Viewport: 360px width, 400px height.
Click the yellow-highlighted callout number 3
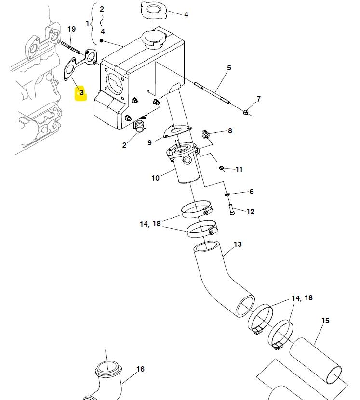click(81, 93)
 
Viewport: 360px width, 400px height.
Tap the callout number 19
click(72, 29)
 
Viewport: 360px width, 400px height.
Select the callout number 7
click(259, 99)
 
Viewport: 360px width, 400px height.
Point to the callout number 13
click(238, 245)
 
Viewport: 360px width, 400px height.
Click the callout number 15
click(325, 321)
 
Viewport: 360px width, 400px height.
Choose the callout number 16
click(140, 369)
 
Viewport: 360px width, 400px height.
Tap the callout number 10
click(156, 178)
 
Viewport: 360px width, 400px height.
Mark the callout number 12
click(251, 211)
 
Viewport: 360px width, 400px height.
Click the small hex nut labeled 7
click(246, 112)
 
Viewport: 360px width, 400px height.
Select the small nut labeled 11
click(222, 168)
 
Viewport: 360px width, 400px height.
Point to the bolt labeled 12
click(232, 209)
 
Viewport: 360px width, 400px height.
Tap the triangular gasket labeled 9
click(177, 130)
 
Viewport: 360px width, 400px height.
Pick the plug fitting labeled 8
click(205, 135)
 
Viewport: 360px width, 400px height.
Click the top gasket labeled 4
click(154, 10)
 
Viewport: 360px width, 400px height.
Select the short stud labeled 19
click(70, 48)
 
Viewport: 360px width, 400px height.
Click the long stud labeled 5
click(212, 93)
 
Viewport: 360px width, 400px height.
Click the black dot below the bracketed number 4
click(101, 40)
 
